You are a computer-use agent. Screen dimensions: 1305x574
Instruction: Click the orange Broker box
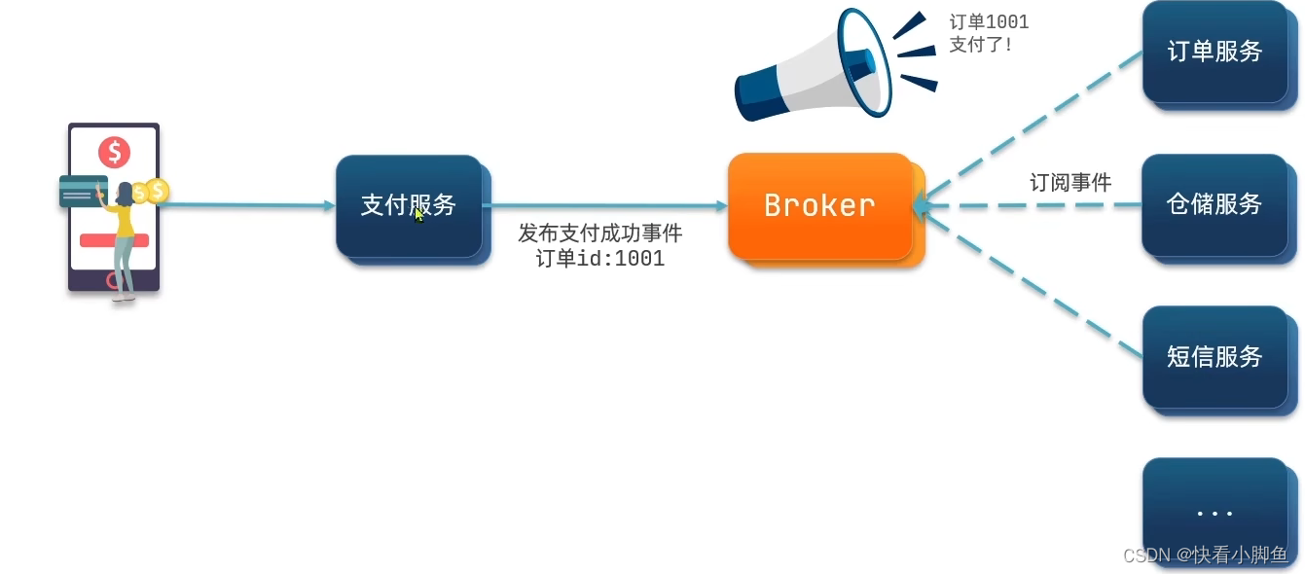click(819, 205)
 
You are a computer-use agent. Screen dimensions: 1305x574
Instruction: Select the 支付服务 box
click(408, 205)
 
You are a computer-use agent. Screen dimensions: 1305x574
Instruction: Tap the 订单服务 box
click(1214, 52)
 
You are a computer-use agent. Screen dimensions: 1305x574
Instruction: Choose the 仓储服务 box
click(1214, 204)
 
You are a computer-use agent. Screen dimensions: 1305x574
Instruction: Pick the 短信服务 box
click(1214, 357)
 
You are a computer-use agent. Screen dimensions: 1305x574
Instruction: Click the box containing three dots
click(1214, 510)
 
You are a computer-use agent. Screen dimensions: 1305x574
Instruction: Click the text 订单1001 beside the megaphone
click(989, 22)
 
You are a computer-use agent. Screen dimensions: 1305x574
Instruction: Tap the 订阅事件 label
click(1070, 182)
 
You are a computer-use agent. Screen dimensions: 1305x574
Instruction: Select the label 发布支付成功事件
click(599, 233)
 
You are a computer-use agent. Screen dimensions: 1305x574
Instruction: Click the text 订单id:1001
click(599, 259)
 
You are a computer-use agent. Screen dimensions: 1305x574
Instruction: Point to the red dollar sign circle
click(114, 152)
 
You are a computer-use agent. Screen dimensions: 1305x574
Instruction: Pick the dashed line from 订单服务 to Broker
click(1032, 126)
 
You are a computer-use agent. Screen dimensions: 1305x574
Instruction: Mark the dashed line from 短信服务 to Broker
click(1032, 282)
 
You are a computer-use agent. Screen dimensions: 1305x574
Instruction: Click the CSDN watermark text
click(1205, 556)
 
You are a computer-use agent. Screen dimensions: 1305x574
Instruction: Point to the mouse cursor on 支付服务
click(418, 214)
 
